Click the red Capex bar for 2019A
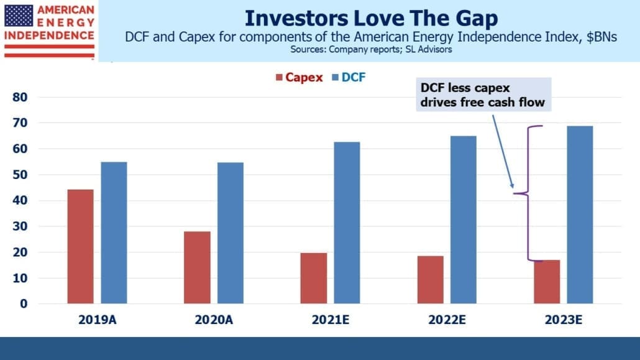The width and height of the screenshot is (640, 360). pos(80,246)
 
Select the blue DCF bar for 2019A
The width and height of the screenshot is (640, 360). pos(114,233)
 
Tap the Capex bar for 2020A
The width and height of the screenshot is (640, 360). pos(197,267)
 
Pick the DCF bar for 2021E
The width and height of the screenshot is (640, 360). pos(347,223)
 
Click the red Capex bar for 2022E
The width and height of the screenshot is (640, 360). pos(430,280)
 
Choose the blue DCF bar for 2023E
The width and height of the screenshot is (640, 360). pos(580,215)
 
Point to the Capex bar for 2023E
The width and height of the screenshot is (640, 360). pos(547,282)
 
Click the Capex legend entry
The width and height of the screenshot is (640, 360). pos(299,77)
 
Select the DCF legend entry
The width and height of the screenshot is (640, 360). pos(349,77)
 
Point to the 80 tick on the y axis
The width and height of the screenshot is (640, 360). pos(20,97)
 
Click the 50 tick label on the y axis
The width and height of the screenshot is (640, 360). pos(20,175)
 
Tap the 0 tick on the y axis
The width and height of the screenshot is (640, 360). pos(24,303)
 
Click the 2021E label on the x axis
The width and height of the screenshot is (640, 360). pos(331,320)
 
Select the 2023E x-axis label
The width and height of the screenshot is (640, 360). pos(564,320)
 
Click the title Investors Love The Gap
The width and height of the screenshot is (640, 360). pos(372,18)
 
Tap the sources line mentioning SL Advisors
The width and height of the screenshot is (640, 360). pos(372,50)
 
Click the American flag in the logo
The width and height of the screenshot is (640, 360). pos(19,16)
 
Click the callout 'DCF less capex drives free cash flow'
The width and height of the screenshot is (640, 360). pos(483,95)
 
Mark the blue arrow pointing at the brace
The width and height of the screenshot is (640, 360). pos(503,152)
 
